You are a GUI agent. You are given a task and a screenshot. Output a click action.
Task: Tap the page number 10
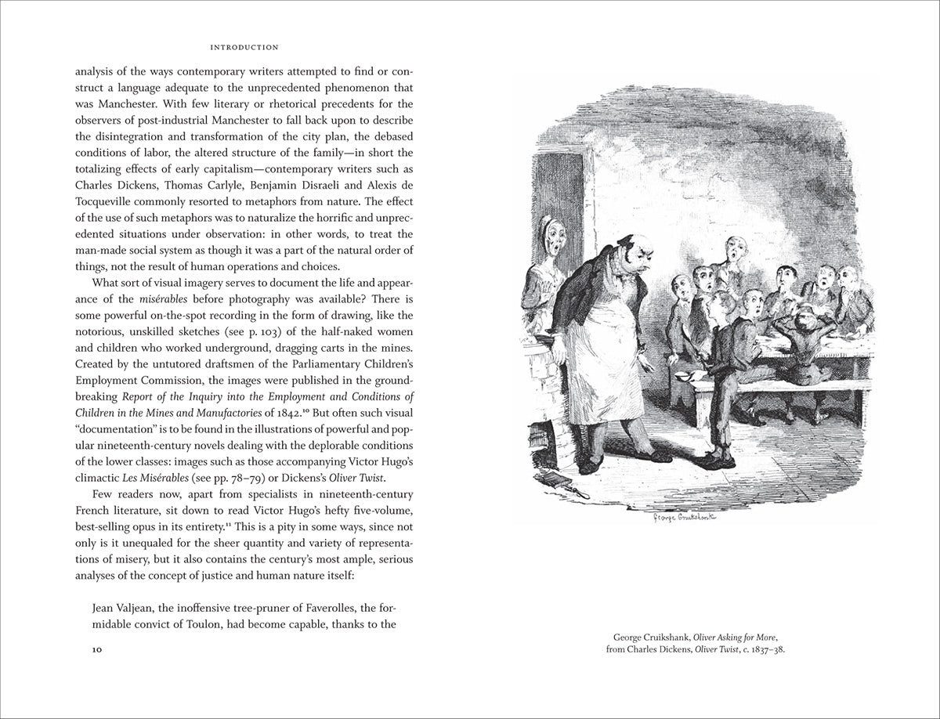pos(97,649)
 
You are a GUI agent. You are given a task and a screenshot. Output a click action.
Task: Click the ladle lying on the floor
pos(560,481)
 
